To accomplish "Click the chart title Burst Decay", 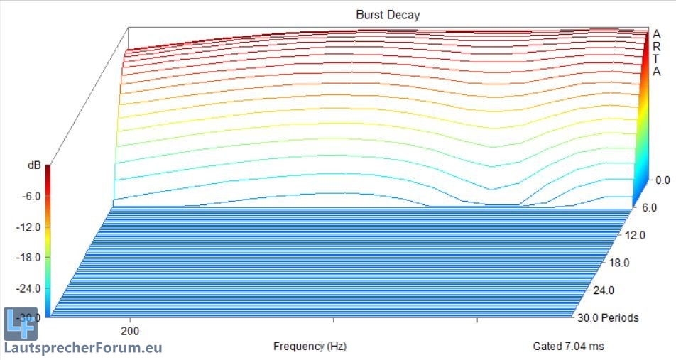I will pos(388,14).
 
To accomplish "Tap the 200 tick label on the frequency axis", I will pos(129,330).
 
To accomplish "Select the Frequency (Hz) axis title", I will pos(310,347).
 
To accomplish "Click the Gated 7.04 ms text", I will pos(569,347).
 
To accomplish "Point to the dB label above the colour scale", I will pos(34,165).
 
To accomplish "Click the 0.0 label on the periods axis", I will pos(663,180).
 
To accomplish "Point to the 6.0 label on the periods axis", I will pos(648,208).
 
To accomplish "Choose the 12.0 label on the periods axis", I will pos(635,235).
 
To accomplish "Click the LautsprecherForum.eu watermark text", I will pos(82,348).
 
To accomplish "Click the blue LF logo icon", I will pos(19,324).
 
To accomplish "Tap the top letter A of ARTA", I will pos(658,34).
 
